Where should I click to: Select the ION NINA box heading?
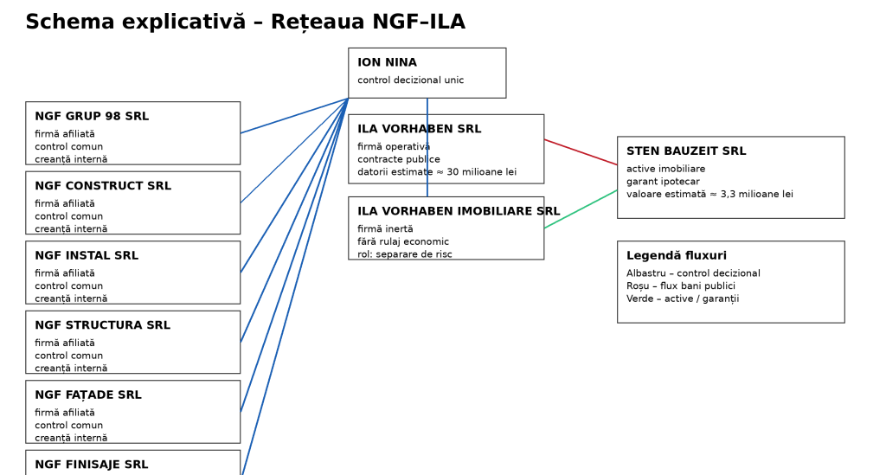(x=387, y=63)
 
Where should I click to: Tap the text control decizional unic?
(x=410, y=80)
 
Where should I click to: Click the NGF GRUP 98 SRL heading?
(x=92, y=117)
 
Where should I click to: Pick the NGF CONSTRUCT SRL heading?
(x=103, y=186)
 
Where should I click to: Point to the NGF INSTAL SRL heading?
(x=87, y=256)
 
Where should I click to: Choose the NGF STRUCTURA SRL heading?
(x=102, y=325)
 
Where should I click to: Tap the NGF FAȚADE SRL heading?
(x=88, y=395)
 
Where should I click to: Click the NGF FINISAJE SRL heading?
(x=91, y=465)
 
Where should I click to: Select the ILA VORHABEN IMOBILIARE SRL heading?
(x=459, y=211)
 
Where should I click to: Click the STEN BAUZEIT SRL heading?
(x=686, y=151)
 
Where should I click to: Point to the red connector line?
(x=581, y=152)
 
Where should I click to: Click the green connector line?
(x=581, y=209)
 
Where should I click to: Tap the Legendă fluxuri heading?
(x=677, y=256)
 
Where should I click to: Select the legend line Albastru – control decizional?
(x=693, y=273)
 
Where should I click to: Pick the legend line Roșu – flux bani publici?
(x=681, y=286)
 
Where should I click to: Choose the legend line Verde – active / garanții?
(x=683, y=299)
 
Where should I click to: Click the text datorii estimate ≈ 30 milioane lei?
(x=437, y=172)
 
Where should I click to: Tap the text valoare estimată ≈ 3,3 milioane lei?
(x=709, y=195)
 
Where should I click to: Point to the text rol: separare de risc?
(x=405, y=254)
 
